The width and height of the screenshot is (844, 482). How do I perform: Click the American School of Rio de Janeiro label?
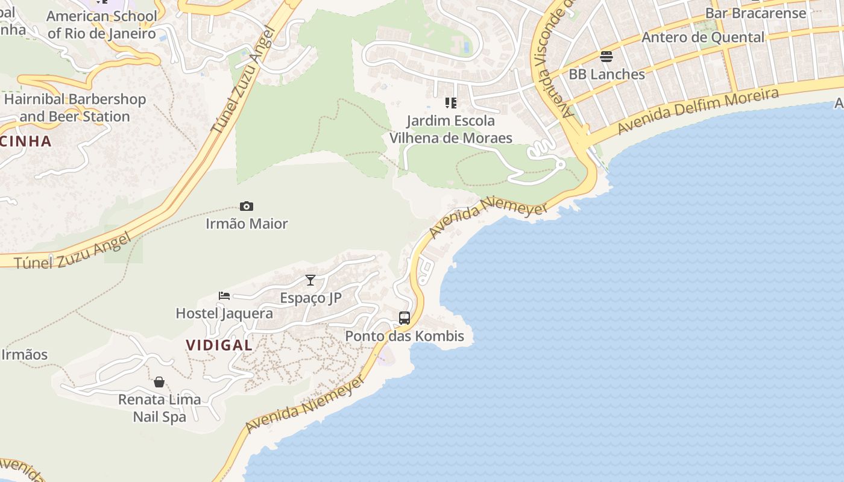click(101, 25)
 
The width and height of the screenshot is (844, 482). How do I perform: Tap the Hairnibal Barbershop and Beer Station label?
click(75, 108)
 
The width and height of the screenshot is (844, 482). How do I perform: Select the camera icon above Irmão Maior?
click(247, 207)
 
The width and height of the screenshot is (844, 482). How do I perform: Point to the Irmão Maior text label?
click(247, 224)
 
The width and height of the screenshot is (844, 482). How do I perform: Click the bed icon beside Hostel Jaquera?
click(224, 296)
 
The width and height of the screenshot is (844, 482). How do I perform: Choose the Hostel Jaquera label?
click(224, 313)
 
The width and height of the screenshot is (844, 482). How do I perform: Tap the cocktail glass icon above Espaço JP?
click(310, 280)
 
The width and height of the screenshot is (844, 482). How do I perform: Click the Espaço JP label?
click(310, 298)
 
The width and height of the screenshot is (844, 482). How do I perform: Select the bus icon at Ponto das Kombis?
click(405, 318)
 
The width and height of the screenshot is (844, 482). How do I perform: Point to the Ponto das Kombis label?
click(405, 336)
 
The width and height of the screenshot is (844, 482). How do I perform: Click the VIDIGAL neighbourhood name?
click(219, 345)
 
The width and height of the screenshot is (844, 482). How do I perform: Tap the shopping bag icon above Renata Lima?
click(159, 382)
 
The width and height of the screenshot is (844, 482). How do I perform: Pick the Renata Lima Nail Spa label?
click(159, 408)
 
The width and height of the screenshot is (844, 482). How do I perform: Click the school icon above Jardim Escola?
click(451, 103)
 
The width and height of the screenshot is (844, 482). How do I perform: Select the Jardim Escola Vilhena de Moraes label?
click(451, 129)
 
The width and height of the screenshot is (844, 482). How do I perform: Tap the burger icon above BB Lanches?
click(606, 57)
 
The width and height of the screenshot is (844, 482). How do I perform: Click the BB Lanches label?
click(606, 74)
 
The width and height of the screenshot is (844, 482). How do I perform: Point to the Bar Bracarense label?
click(755, 13)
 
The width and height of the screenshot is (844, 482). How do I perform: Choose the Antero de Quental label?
click(703, 37)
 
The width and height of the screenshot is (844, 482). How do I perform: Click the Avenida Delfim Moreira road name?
click(698, 112)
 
